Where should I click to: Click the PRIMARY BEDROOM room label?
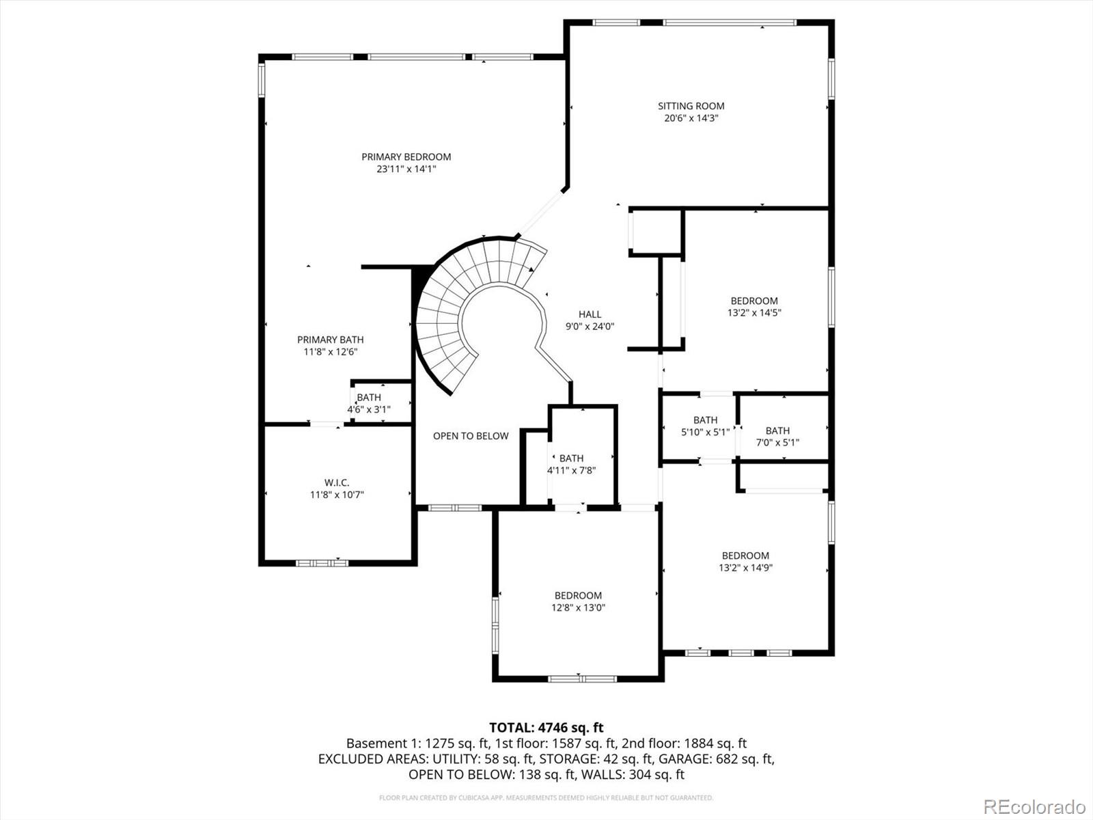click(406, 157)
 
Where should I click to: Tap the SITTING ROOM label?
click(691, 106)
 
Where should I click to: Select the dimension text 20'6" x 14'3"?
click(691, 118)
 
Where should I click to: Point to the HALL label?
click(590, 314)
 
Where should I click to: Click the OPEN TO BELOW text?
click(471, 436)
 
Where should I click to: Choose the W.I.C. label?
click(337, 482)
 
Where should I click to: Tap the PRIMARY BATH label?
click(330, 340)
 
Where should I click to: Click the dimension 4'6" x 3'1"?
click(368, 410)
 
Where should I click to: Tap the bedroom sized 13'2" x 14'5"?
click(754, 301)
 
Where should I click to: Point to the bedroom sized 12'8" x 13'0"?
click(578, 595)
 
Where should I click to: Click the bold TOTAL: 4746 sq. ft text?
click(546, 728)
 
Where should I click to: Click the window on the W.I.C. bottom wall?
click(322, 563)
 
